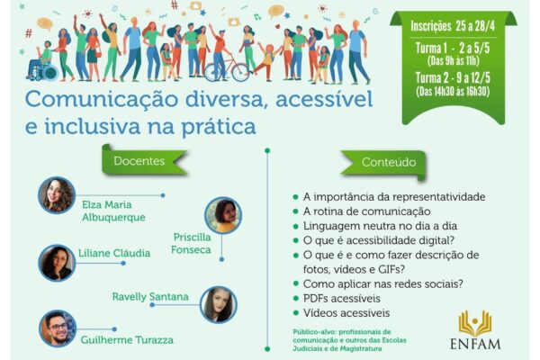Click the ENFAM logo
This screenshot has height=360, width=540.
475,329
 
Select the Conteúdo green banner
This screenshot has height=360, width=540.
384,163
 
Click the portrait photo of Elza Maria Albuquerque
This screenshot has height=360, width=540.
57,195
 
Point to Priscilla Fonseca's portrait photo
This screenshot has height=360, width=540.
223,215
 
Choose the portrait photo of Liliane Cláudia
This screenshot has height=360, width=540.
57,263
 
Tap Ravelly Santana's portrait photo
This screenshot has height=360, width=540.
219,304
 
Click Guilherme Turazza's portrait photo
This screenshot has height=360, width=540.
58,328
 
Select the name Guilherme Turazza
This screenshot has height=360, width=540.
127,340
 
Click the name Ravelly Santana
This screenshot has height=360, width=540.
150,297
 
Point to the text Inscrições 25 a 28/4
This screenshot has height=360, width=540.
453,26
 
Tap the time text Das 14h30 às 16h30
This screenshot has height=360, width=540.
453,91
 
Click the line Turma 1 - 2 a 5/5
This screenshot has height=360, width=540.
453,49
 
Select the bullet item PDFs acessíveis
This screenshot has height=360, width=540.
342,298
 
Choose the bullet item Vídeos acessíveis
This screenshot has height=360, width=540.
346,313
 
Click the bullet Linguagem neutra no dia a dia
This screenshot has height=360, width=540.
380,226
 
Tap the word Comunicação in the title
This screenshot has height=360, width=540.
103,99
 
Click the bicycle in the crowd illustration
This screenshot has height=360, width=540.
227,69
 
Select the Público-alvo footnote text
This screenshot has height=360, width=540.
349,340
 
